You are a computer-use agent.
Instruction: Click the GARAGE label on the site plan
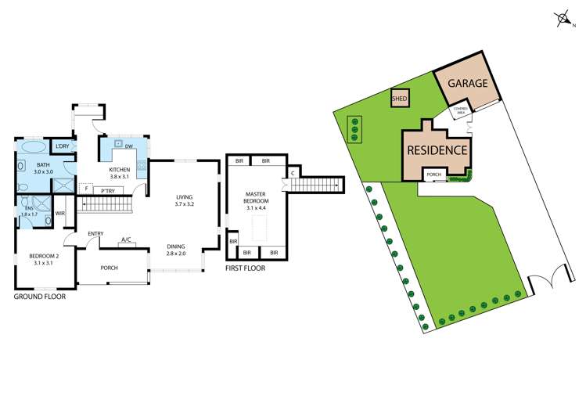pos(468,84)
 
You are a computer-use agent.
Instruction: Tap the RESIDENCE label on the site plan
pos(437,150)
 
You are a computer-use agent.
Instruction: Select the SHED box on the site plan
pos(400,99)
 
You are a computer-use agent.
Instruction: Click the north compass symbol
pos(562,18)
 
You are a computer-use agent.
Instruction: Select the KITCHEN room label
pos(119,170)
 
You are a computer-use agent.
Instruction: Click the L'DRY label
pos(62,146)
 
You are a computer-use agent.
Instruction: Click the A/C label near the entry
pos(126,240)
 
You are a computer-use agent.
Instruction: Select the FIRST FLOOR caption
pos(245,268)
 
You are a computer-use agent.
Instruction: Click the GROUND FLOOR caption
pos(40,297)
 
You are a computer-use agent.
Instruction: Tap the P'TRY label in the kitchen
pos(107,189)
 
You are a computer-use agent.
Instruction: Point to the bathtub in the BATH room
pos(32,147)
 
